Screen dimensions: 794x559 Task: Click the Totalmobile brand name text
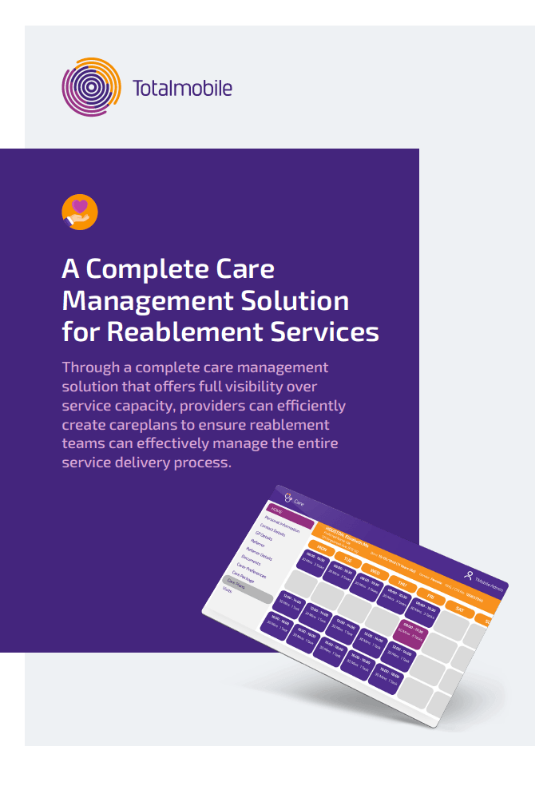183,87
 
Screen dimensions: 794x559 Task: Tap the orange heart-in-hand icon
79,212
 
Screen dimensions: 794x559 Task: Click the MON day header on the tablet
322,549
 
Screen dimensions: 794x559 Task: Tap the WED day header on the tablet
375,573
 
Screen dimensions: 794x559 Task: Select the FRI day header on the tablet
429,596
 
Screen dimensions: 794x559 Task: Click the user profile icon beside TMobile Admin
469,573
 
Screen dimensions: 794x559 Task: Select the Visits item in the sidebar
228,590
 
